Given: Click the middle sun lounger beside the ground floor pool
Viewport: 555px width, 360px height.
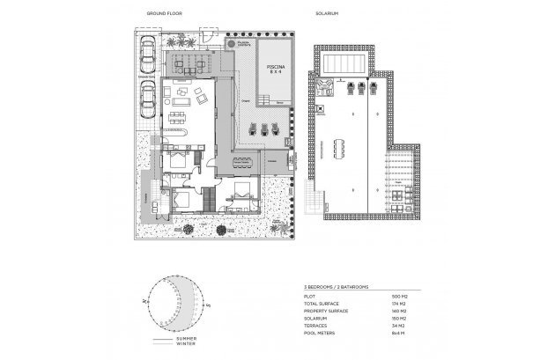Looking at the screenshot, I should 264,129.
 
